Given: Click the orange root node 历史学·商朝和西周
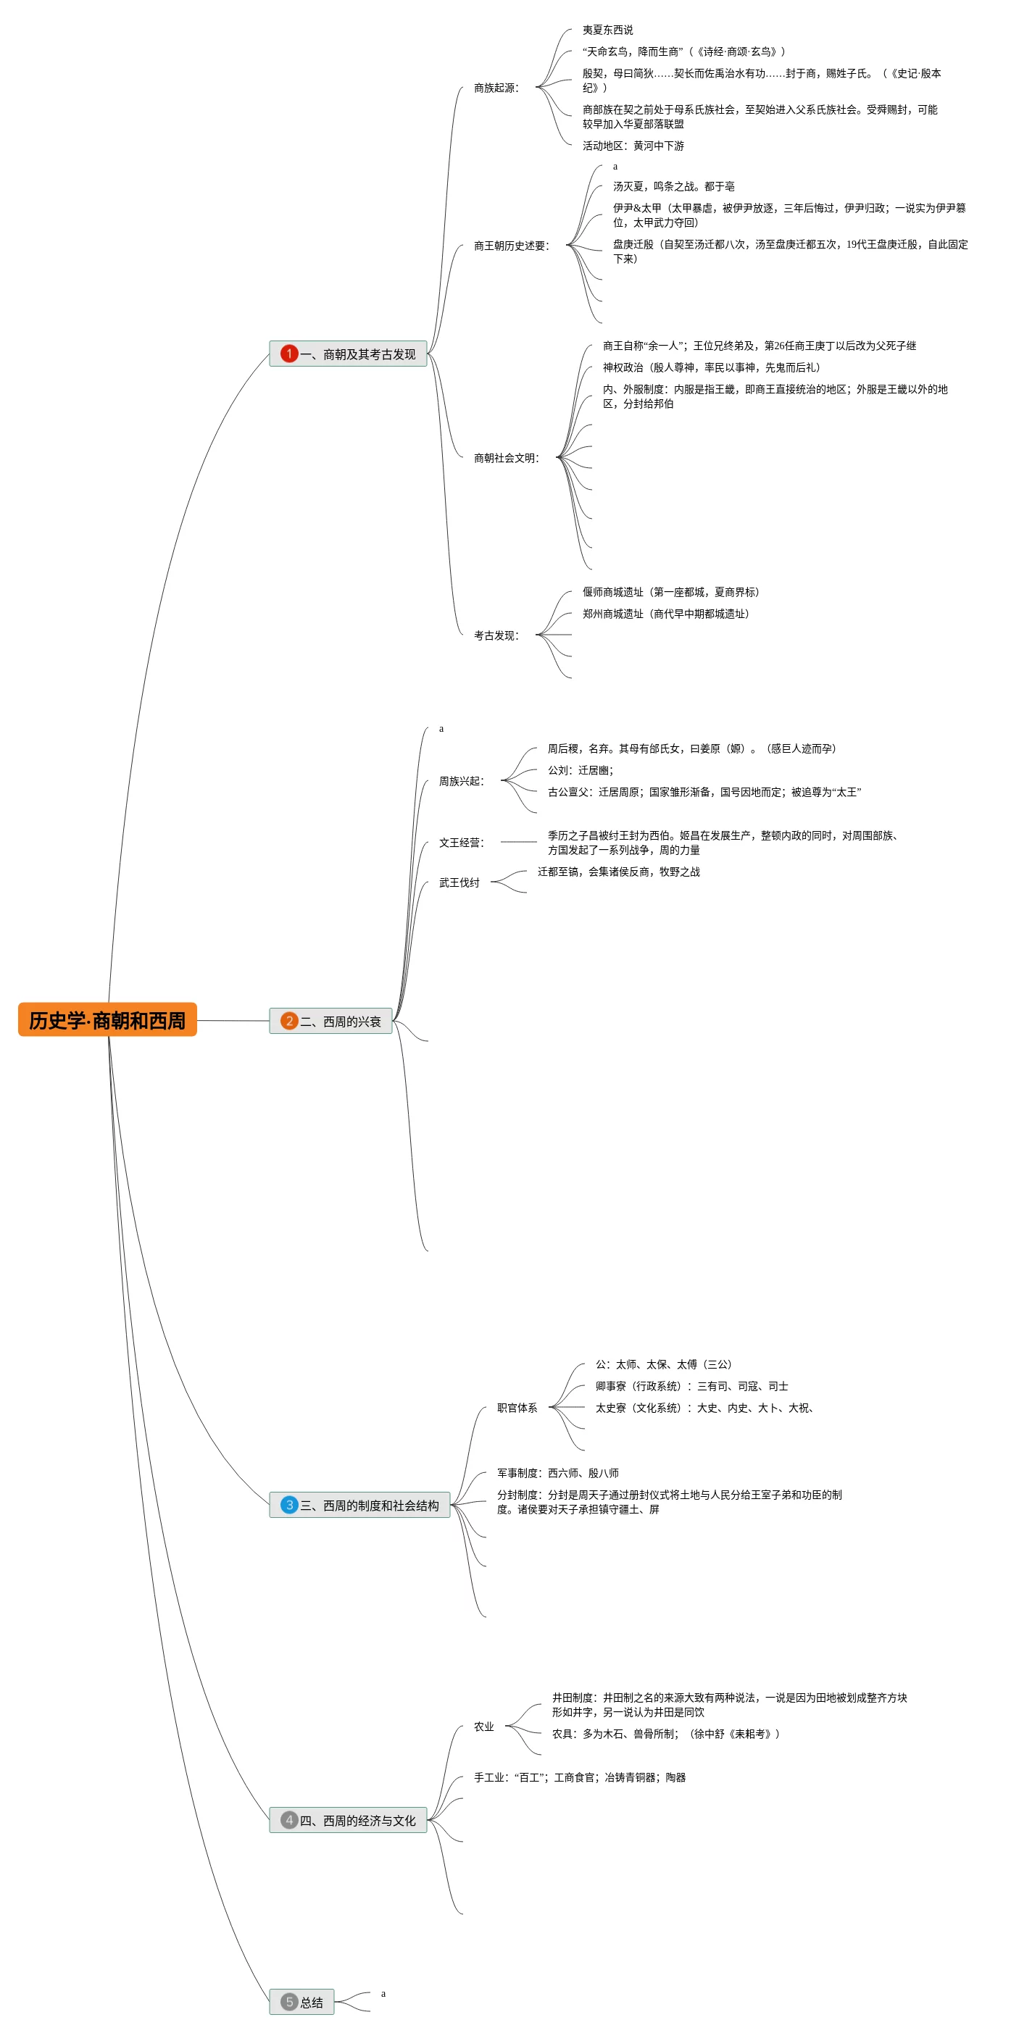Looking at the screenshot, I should tap(107, 1019).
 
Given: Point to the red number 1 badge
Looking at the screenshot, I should tap(289, 354).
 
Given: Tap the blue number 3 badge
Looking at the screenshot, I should tap(289, 1505).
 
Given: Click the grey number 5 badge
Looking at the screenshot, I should tap(289, 2003).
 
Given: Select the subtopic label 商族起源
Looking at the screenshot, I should tap(496, 88).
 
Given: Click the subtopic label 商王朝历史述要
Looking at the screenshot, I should tap(511, 246).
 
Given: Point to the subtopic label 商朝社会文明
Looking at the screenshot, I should tap(506, 458).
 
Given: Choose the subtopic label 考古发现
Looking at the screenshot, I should tap(496, 635).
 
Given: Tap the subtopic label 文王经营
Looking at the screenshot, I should tap(461, 842).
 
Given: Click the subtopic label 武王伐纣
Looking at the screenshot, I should tap(459, 882).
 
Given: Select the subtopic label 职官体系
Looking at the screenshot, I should tap(517, 1407).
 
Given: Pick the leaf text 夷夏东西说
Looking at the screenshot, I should tap(608, 30).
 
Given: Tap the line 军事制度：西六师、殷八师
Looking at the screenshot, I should tap(557, 1473).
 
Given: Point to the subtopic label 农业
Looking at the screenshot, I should tap(484, 1726).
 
